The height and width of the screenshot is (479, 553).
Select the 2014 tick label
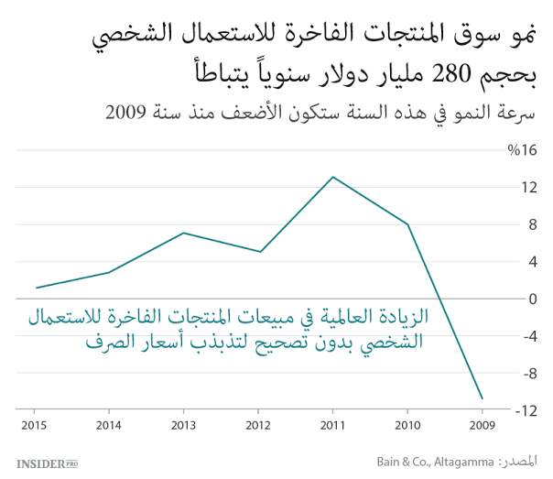pos(108,424)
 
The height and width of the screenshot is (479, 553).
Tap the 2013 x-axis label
pos(183,424)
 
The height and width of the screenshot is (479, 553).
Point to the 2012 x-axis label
pos(260,424)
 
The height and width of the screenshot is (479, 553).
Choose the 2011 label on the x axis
pos(333,424)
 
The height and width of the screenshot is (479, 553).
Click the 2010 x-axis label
pos(408,424)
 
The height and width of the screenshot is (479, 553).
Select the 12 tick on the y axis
pos(528,188)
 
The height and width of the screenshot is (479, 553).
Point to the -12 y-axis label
pos(526,411)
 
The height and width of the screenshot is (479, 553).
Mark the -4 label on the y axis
pos(529,336)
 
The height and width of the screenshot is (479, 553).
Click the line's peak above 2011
pos(333,177)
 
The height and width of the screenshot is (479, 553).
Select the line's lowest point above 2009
pos(483,399)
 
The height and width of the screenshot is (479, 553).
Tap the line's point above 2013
pos(183,233)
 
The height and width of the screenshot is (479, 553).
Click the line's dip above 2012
pos(260,252)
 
